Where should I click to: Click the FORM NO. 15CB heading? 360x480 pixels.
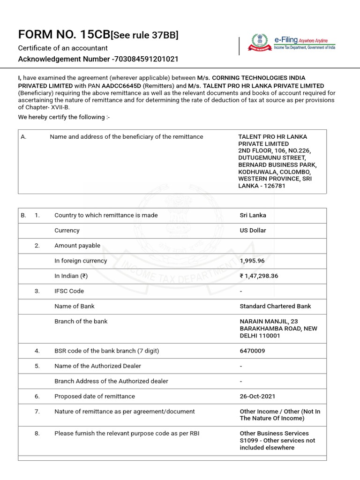point(64,35)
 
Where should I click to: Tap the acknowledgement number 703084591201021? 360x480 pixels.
point(145,59)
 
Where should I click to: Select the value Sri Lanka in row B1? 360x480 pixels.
point(253,215)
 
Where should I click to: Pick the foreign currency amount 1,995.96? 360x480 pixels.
point(253,261)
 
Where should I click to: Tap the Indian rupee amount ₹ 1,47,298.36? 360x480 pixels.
point(259,276)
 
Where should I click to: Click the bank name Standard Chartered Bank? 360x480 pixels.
point(275,306)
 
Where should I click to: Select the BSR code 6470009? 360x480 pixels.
point(253,351)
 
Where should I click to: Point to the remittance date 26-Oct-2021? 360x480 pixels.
point(257,396)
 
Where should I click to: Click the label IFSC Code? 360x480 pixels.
point(69,291)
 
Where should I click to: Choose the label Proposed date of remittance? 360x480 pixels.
point(95,396)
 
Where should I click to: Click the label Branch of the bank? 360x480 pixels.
point(81,321)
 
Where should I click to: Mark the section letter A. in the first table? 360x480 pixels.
point(23,137)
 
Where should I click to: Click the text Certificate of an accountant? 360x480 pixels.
point(63,48)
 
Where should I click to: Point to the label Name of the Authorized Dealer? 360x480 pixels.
point(97,366)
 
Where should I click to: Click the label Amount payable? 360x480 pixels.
point(77,246)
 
